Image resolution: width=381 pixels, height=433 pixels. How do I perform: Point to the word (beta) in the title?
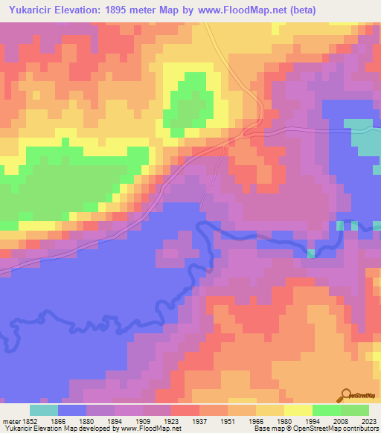(313, 10)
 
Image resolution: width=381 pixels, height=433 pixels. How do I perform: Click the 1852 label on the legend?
(29, 420)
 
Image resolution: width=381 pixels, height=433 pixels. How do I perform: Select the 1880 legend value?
(86, 420)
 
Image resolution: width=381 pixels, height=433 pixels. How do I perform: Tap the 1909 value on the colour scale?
(143, 420)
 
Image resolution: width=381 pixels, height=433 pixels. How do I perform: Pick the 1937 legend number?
(199, 420)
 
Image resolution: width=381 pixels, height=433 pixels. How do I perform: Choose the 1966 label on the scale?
(256, 420)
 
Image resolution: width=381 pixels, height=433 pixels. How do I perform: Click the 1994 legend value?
(313, 420)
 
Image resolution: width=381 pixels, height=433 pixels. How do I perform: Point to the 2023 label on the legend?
(368, 420)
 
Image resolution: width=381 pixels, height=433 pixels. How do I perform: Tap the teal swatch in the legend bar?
(43, 410)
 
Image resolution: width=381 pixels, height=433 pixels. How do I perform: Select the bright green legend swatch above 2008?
(326, 410)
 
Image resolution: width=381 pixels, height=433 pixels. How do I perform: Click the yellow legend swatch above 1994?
(298, 410)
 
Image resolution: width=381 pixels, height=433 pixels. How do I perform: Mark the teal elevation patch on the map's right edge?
(365, 138)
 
